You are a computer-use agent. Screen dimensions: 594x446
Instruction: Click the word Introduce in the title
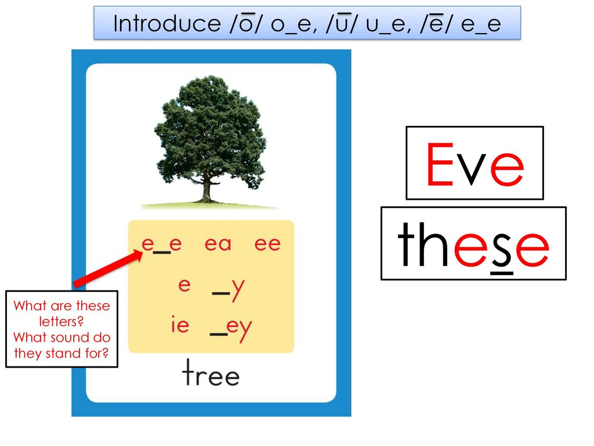coord(167,23)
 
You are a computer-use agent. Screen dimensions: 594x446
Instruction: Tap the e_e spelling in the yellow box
coord(162,244)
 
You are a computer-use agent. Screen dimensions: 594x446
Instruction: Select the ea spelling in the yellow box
coord(218,244)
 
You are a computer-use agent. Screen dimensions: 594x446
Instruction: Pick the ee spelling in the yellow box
coord(267,244)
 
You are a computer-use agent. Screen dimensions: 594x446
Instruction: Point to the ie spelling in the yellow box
coord(180,325)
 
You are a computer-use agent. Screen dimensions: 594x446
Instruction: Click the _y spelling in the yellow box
coord(229,290)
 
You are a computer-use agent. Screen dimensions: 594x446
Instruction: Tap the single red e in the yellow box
coord(184,285)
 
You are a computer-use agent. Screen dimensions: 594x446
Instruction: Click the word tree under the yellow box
coord(211,373)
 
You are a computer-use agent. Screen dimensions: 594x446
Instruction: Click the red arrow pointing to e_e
coord(108,268)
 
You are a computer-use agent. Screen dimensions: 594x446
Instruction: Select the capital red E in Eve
coord(440,164)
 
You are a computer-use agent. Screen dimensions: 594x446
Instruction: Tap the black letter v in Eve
coord(471,170)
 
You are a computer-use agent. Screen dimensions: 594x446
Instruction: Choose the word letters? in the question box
coord(61,322)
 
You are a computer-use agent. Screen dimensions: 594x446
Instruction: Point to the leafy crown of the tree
coord(210,129)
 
